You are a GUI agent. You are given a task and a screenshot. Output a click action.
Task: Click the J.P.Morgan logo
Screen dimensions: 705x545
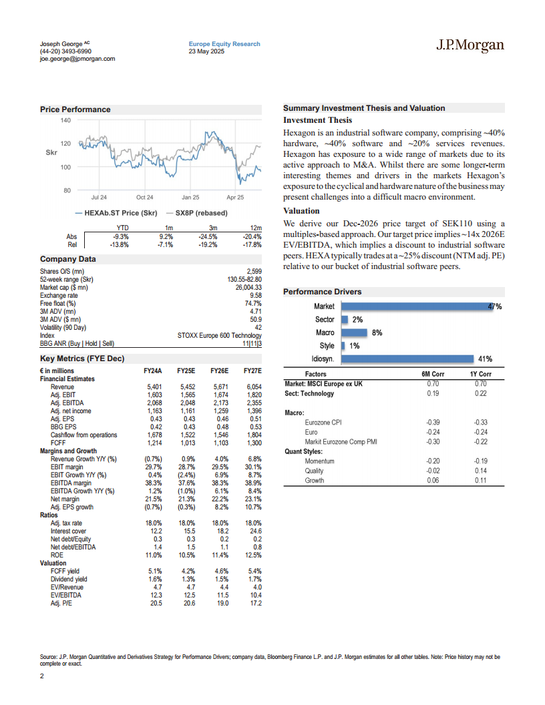click(x=470, y=46)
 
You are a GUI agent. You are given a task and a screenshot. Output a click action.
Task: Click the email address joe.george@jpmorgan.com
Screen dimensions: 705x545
click(x=77, y=59)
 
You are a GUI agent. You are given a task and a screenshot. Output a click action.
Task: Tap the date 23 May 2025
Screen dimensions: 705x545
click(x=207, y=51)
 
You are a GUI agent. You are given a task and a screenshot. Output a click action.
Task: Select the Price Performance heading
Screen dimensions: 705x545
click(x=75, y=109)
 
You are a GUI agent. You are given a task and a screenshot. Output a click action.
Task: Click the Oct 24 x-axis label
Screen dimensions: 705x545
click(x=145, y=198)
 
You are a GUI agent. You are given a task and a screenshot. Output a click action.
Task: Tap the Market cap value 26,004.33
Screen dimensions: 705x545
click(x=244, y=287)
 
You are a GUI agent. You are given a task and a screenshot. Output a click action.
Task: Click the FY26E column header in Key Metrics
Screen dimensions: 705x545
click(x=220, y=371)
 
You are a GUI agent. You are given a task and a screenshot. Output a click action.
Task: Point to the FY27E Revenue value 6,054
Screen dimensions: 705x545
click(x=253, y=387)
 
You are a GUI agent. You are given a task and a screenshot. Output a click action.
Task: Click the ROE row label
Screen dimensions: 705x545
click(x=58, y=555)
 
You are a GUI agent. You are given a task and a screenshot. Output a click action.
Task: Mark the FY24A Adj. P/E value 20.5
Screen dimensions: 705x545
click(x=154, y=604)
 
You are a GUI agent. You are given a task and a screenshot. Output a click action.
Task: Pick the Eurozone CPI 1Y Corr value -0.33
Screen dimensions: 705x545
click(x=480, y=423)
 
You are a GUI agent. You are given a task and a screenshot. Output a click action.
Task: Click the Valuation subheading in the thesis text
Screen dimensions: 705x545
click(x=301, y=211)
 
